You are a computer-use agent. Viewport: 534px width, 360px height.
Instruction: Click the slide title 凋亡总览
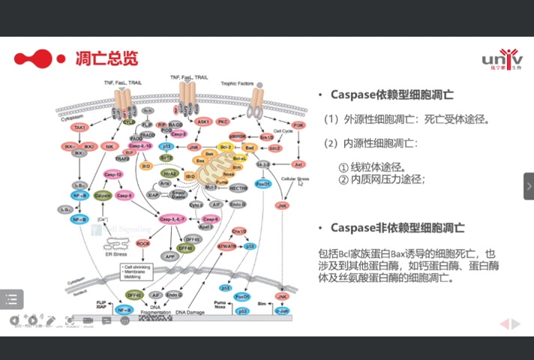click(106, 58)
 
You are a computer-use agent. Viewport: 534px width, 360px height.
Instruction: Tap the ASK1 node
click(202, 121)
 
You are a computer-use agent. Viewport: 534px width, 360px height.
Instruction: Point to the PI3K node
click(298, 125)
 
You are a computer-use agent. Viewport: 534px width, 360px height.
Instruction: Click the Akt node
click(298, 163)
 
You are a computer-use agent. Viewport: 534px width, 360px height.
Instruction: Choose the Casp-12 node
click(113, 174)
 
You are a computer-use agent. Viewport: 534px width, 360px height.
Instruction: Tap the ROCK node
click(143, 244)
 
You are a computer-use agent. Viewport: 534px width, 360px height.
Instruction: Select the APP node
click(169, 256)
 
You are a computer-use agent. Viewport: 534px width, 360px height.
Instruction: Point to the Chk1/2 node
click(239, 231)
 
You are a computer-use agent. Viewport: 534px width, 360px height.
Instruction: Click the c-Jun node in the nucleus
click(282, 310)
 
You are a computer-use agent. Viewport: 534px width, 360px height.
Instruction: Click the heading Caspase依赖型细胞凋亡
click(391, 95)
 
